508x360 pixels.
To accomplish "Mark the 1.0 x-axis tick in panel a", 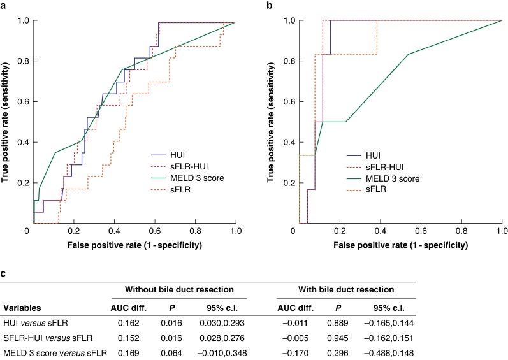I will tap(236, 230).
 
